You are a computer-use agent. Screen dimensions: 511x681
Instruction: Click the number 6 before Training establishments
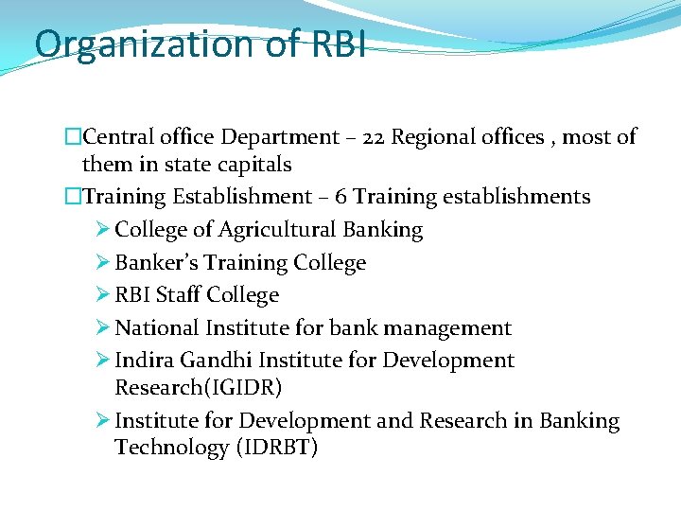click(340, 197)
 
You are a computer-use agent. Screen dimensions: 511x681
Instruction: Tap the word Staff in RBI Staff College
click(178, 295)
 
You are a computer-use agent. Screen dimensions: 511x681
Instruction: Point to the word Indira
click(142, 361)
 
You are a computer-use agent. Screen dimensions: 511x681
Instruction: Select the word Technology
click(162, 448)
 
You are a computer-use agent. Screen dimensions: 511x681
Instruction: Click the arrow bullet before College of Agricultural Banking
click(103, 230)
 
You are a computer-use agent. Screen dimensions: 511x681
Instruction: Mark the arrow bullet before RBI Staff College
click(103, 295)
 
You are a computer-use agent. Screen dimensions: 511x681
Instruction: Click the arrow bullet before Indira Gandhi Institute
click(103, 361)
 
